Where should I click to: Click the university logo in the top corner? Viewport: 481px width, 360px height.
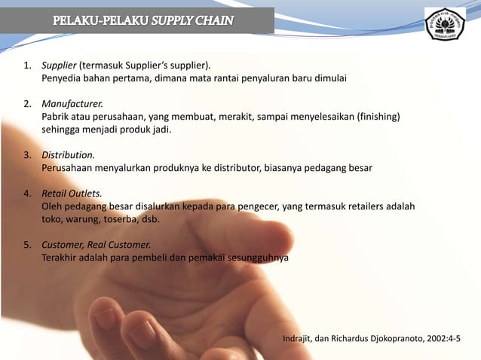[446, 25]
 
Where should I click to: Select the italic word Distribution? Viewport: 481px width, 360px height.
[68, 154]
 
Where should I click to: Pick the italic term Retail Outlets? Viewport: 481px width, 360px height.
[72, 192]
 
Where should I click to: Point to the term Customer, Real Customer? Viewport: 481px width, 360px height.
[96, 244]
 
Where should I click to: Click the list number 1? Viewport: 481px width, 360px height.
[26, 65]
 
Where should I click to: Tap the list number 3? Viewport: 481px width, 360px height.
[26, 154]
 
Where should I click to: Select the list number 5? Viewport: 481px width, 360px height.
[26, 244]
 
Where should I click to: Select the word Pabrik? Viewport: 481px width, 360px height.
[55, 116]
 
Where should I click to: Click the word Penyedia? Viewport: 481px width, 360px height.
[61, 78]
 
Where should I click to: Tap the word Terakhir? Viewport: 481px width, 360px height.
[60, 258]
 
